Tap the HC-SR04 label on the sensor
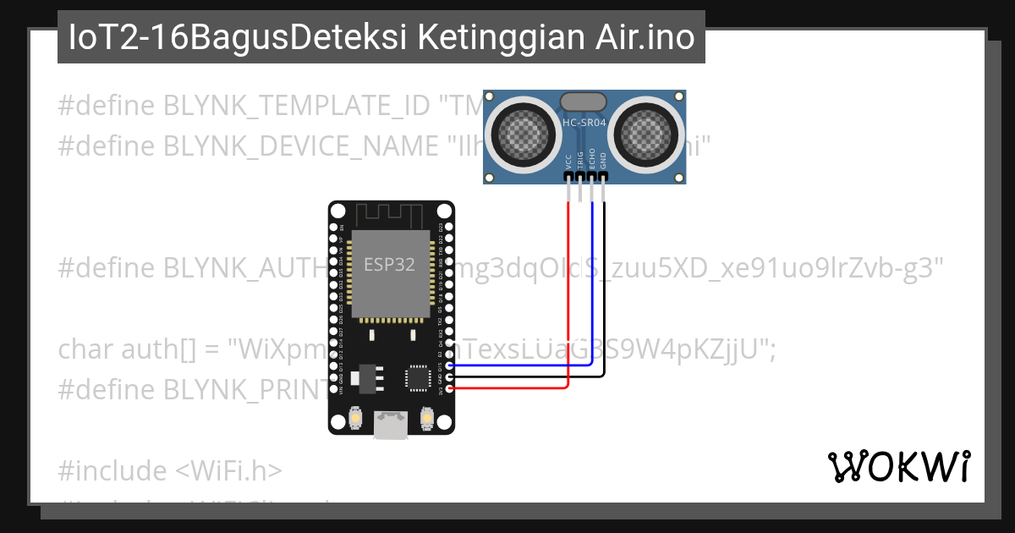[584, 123]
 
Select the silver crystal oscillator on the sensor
[584, 101]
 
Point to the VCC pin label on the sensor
[568, 160]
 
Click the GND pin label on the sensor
[603, 160]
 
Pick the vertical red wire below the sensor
[568, 288]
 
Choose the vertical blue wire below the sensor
[592, 279]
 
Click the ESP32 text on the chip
[389, 264]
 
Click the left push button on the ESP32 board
[356, 418]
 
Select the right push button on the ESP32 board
[427, 418]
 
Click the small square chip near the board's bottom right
[418, 377]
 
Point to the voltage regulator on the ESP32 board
[365, 376]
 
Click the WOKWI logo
[898, 466]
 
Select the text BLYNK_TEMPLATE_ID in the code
[297, 106]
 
